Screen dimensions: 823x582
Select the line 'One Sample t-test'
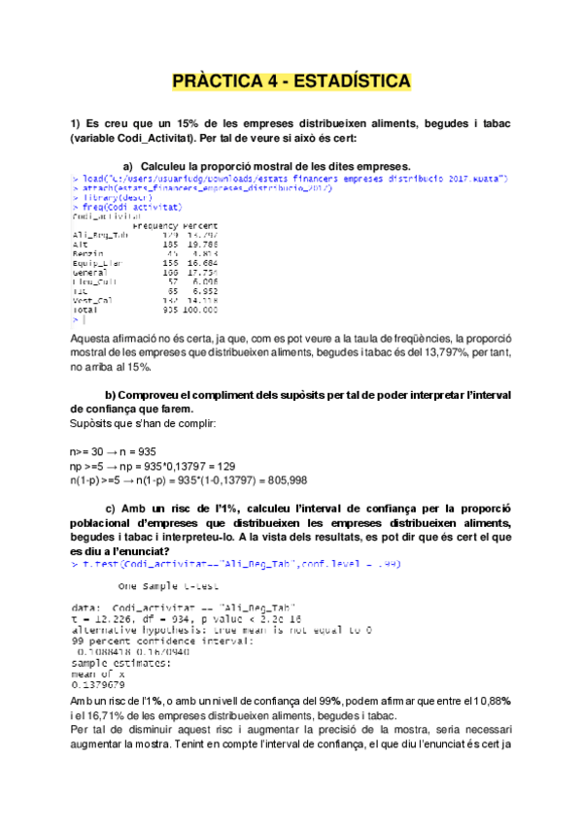tap(165, 585)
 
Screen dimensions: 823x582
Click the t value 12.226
tap(107, 613)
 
